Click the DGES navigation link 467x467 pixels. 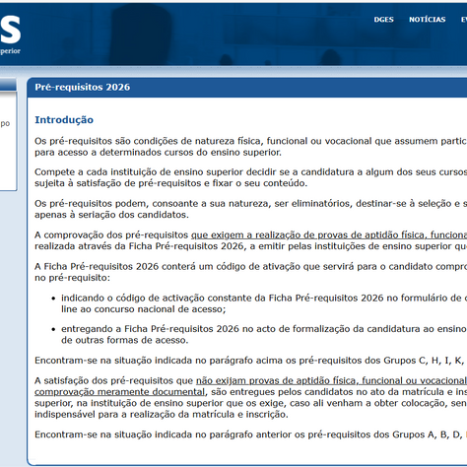pos(383,19)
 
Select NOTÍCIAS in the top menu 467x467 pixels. pos(427,19)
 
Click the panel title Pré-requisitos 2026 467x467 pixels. pos(82,87)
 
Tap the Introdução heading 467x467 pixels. pos(64,120)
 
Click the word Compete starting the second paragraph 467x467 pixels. pos(54,172)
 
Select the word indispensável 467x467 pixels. pos(66,414)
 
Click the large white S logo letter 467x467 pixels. pos(10,21)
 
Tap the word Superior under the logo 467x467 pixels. pos(10,50)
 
